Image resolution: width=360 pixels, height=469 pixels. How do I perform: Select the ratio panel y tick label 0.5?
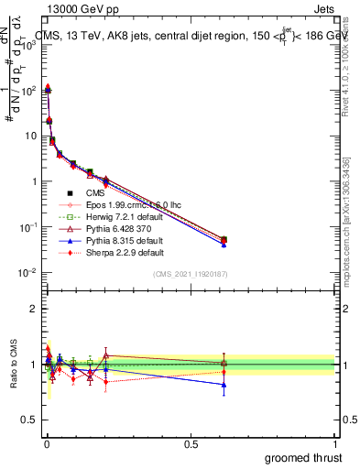click(29, 420)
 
